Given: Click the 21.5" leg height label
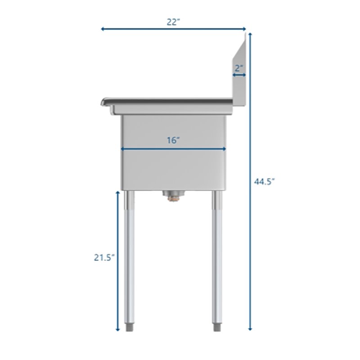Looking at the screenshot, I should [x=104, y=257].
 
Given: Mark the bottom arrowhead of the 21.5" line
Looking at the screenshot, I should [x=118, y=328].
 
